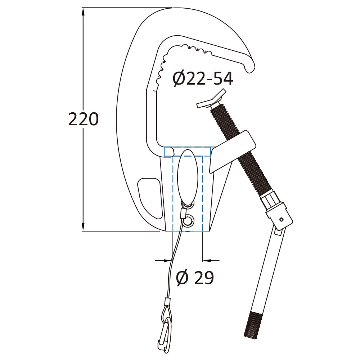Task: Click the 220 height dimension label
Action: click(84, 119)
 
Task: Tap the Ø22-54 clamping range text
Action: click(203, 79)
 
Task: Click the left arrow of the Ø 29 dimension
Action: click(163, 261)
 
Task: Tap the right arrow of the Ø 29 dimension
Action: click(211, 261)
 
